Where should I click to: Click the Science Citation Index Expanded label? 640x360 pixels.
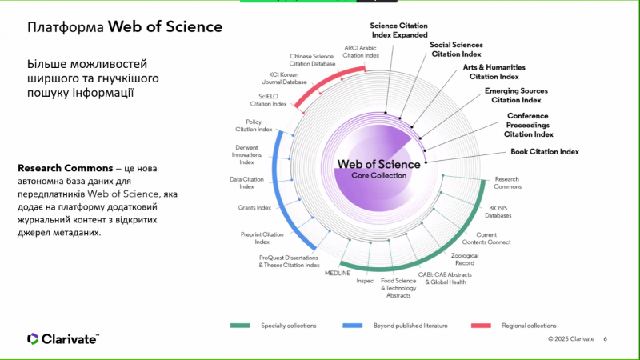[399, 30]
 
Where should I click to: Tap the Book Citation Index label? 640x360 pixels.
[545, 151]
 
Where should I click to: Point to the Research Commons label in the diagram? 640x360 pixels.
[508, 182]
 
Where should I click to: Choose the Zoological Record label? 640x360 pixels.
[464, 259]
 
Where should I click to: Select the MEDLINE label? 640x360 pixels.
[337, 273]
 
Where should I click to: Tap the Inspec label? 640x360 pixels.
[365, 281]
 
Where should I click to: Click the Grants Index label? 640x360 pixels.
[254, 207]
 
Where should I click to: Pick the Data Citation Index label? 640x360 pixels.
[246, 182]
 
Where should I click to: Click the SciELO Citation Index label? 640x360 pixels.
[268, 100]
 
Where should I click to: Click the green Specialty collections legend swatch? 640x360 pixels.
[241, 326]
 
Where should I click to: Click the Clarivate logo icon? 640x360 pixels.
[32, 339]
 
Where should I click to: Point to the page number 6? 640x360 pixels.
[605, 339]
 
